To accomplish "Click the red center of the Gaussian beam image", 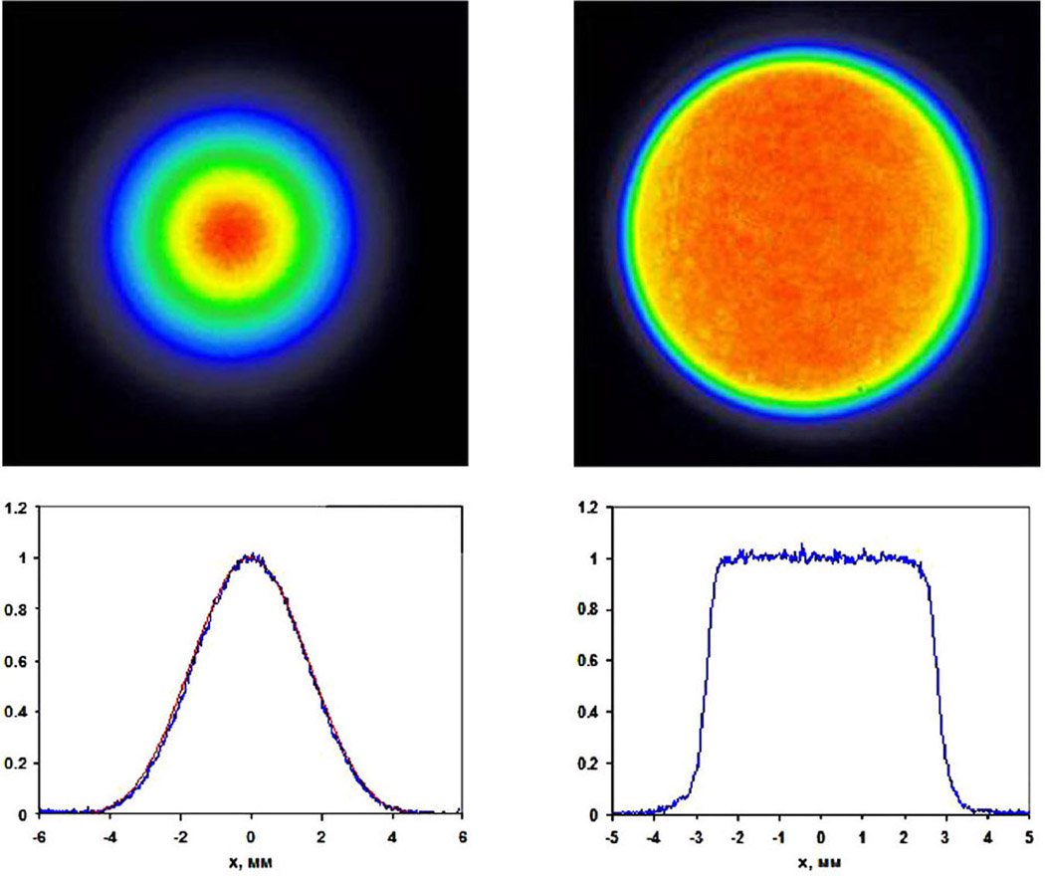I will [231, 231].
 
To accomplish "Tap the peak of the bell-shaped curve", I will [251, 558].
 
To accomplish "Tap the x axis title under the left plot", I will [251, 859].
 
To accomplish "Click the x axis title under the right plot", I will [821, 859].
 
